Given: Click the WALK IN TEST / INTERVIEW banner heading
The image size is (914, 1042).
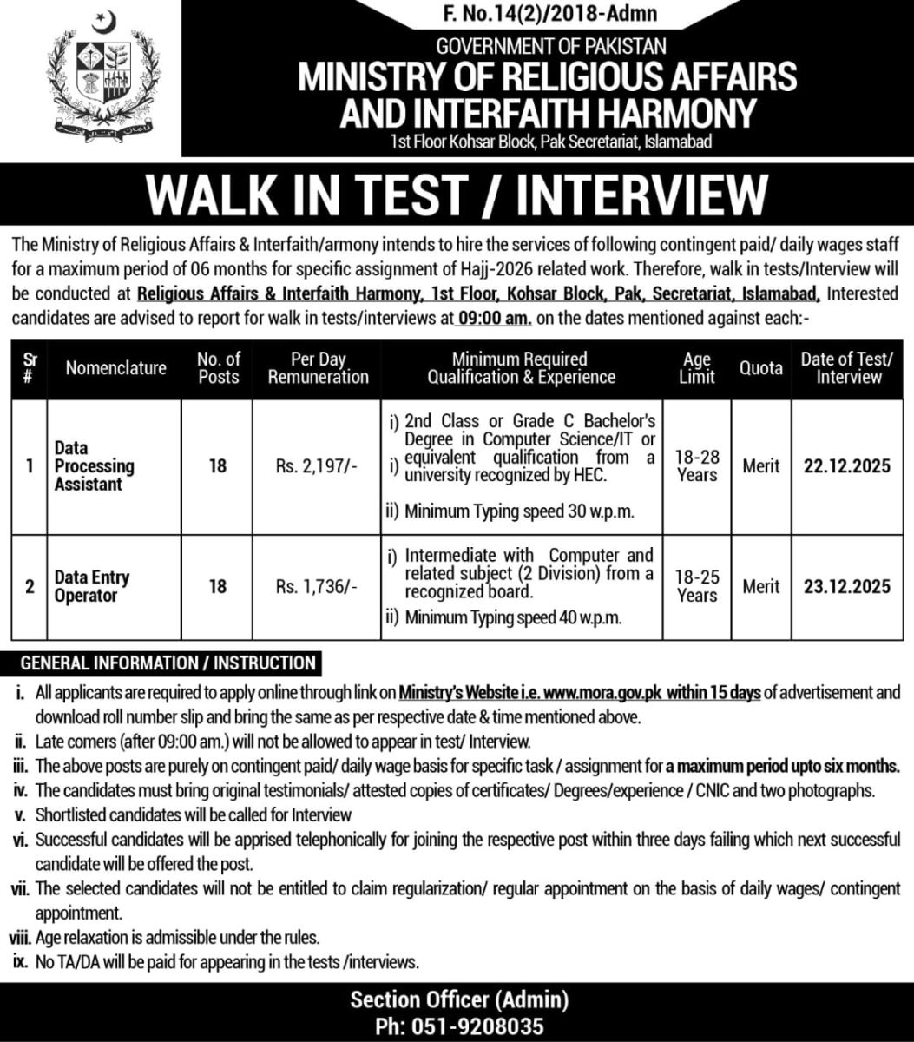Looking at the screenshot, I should [457, 195].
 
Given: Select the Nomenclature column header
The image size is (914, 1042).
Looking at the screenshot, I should [115, 368].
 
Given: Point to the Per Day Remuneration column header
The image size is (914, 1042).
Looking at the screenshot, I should [318, 368].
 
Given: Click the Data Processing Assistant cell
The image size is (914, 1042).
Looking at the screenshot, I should [94, 466].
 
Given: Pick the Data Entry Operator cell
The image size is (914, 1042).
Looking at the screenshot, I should [91, 586].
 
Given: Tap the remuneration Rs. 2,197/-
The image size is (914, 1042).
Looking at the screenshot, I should [317, 466].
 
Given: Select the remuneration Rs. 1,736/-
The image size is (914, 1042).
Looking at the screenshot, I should [317, 587].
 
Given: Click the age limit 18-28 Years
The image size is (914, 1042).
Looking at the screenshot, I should [697, 466].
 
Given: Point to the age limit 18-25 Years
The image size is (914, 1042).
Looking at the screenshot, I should [697, 587].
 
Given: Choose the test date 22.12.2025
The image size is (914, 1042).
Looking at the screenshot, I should [846, 466].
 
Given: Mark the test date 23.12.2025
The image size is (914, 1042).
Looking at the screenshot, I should [846, 587].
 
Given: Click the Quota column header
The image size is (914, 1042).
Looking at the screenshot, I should [760, 368].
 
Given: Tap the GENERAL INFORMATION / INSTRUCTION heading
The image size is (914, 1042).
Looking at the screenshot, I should [168, 663].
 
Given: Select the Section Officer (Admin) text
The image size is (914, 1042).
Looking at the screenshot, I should [458, 1000].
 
